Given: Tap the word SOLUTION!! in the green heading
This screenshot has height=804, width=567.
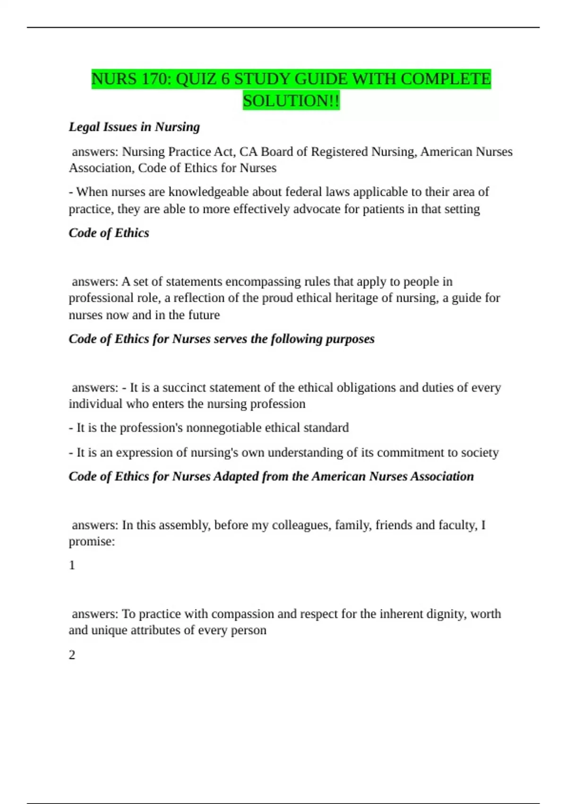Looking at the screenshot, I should [x=291, y=101].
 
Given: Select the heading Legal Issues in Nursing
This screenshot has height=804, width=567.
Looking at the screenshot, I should [x=134, y=127].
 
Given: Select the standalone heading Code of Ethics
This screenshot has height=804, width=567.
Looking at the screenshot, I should [x=109, y=233].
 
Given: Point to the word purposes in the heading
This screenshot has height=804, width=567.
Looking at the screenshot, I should [x=350, y=339].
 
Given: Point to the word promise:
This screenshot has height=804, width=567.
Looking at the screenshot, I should [x=92, y=542].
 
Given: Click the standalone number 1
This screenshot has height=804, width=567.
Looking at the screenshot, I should [x=72, y=565].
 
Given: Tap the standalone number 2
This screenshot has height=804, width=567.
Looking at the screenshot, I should [x=72, y=655].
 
